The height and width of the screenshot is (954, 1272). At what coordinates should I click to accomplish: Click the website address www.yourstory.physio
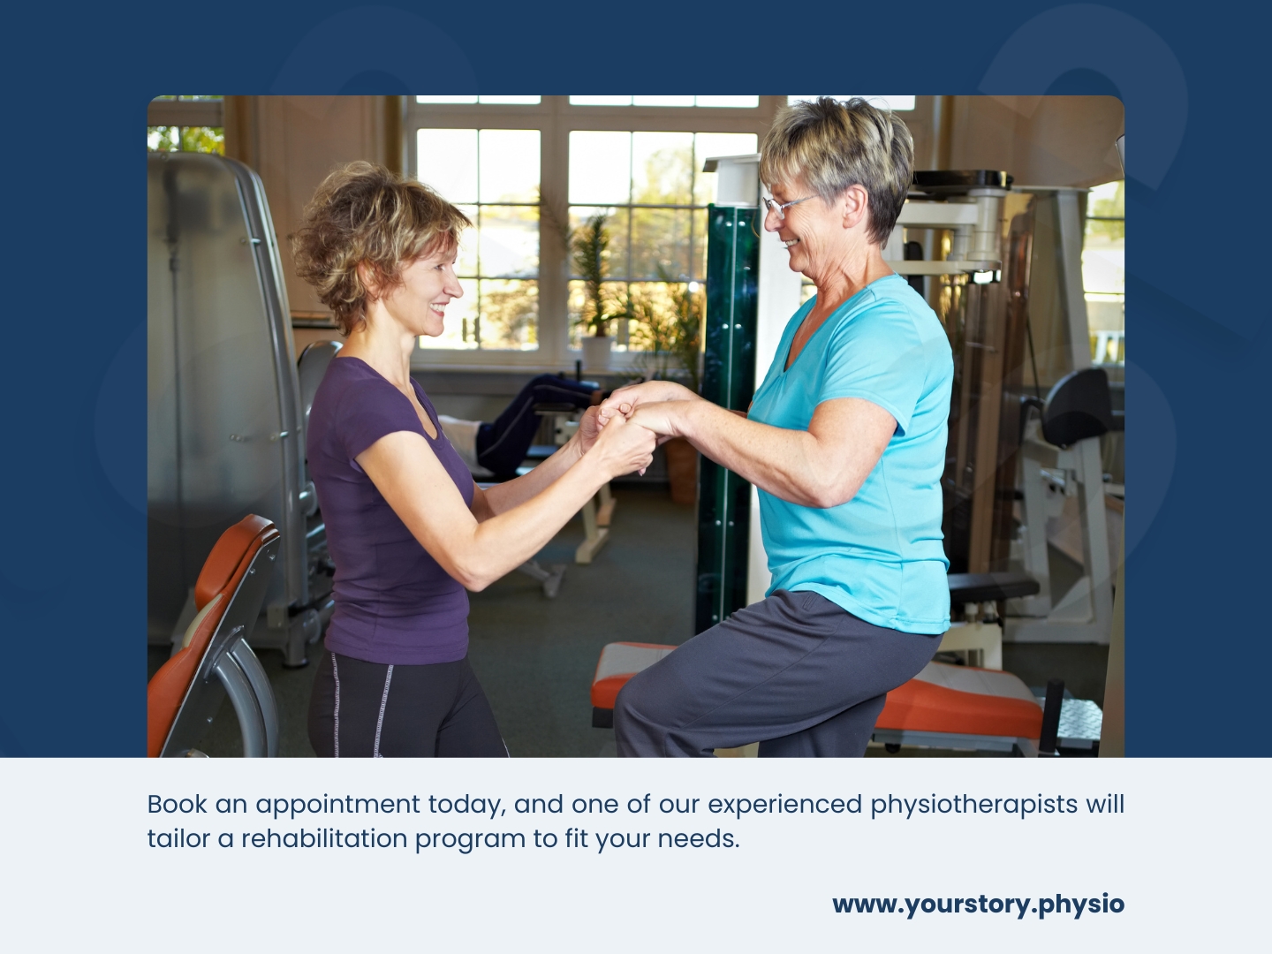(978, 905)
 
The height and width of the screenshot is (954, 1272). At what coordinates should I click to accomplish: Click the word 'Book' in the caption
(177, 804)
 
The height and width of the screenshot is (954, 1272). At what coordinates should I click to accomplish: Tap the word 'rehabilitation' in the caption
(324, 839)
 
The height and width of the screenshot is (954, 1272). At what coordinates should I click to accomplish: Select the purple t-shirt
(390, 510)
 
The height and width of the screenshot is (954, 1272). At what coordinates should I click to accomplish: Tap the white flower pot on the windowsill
(596, 352)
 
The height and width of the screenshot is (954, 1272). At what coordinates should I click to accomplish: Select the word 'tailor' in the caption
(178, 839)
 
